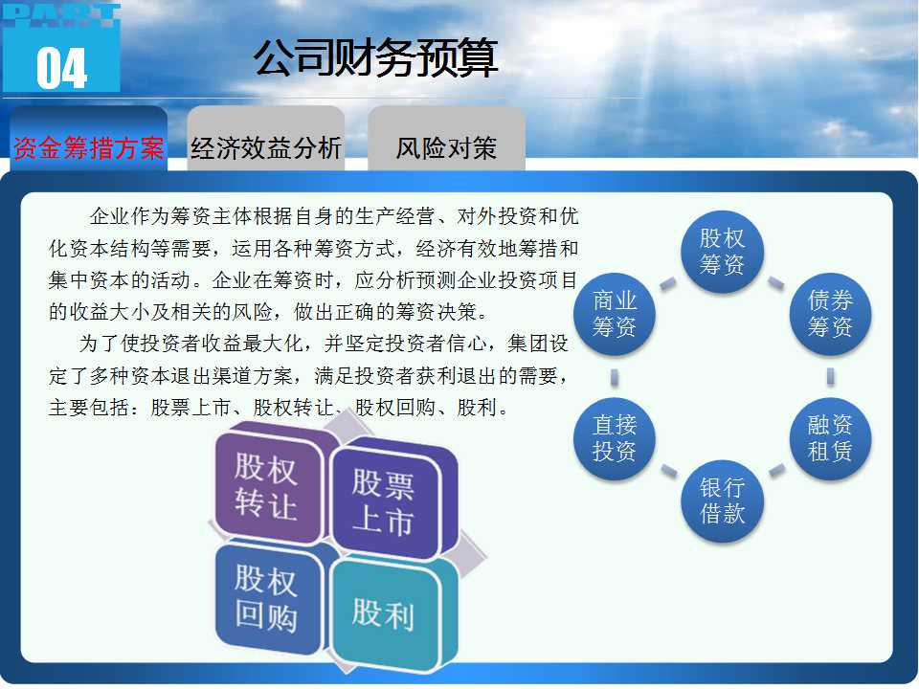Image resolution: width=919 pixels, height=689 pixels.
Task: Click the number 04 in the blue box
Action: [x=62, y=68]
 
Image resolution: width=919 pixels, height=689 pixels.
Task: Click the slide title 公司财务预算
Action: [x=375, y=58]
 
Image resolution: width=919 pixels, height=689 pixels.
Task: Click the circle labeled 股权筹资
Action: [x=722, y=252]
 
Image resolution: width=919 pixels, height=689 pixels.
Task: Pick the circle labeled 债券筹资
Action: [x=830, y=314]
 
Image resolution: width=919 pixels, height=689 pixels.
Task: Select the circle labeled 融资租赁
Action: [x=830, y=439]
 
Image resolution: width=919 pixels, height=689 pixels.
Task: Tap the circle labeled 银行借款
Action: [x=722, y=500]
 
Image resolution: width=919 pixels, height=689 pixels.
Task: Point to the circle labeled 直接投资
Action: [x=615, y=439]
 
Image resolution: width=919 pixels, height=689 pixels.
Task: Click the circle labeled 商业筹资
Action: [x=615, y=314]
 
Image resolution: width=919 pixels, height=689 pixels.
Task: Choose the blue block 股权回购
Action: [x=267, y=599]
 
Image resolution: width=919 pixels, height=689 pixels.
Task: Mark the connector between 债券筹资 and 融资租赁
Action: [x=831, y=376]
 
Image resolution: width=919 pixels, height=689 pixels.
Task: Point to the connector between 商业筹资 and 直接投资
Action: [x=615, y=377]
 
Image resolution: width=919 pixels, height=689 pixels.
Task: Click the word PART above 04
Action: [x=62, y=15]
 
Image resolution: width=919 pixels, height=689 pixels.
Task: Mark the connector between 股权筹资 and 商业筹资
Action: [x=668, y=283]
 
